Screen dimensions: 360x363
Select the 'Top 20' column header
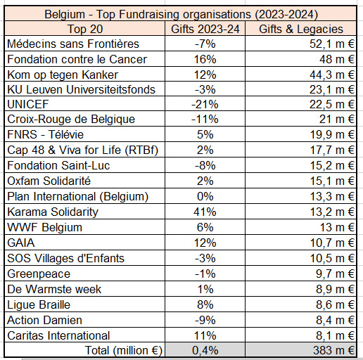coord(84,29)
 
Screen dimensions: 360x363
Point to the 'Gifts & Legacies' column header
coord(302,29)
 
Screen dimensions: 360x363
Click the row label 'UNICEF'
coord(28,105)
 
